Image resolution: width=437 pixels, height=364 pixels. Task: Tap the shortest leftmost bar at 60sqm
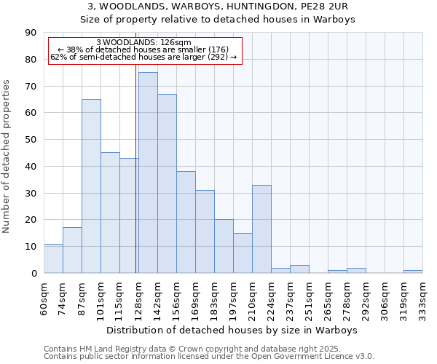tap(53, 258)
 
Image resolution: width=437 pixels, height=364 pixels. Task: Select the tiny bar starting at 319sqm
tap(413, 272)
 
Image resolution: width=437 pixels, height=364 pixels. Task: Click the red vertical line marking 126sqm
tap(135, 167)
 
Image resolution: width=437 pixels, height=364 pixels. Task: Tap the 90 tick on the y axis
tap(31, 33)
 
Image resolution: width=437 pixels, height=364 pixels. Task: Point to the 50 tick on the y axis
tap(31, 140)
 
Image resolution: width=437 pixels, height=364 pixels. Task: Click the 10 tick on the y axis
tap(31, 247)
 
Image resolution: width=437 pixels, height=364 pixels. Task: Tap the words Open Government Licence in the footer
tap(306, 356)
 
